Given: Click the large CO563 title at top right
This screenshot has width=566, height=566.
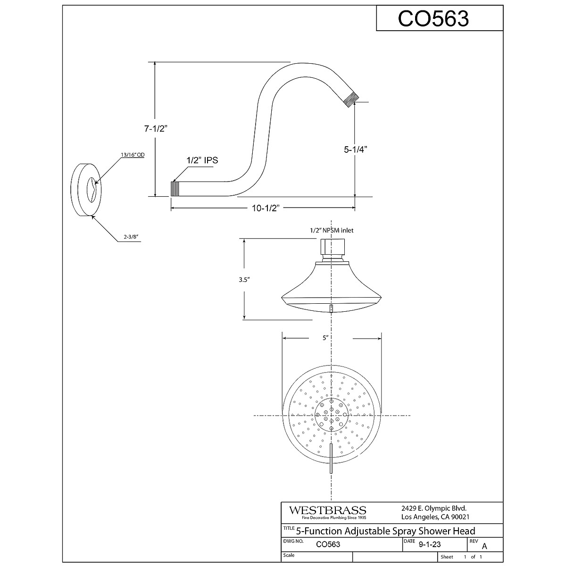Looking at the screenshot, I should [x=433, y=19].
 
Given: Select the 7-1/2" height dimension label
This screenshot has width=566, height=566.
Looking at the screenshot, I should [x=156, y=129].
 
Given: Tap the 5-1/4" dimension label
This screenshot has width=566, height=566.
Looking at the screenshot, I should [x=355, y=150].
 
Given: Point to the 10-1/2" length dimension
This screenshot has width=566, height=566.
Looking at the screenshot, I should [x=263, y=208].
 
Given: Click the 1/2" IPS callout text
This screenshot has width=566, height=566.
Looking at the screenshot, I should [x=202, y=160].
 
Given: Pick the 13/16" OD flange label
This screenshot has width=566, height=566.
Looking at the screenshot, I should [x=132, y=155].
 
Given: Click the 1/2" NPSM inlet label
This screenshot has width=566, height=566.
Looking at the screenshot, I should [x=331, y=230].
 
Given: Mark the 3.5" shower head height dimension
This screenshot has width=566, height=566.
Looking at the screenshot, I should [x=244, y=279].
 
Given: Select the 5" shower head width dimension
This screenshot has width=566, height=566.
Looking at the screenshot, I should [x=325, y=338].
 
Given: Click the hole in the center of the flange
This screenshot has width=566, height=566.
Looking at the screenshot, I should [x=91, y=190].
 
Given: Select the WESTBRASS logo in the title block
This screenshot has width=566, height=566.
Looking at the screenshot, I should [x=327, y=511].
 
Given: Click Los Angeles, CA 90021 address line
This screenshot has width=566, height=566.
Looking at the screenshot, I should [x=429, y=517].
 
